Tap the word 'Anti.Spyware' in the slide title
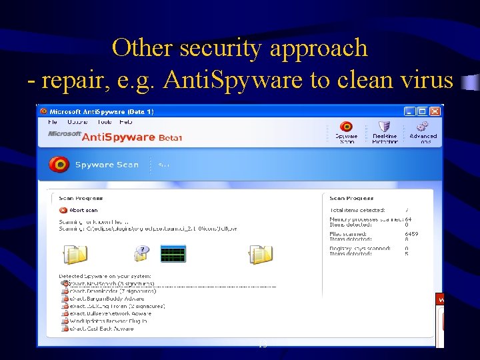point(231,80)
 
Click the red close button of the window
point(435,111)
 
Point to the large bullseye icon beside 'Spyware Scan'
point(59,165)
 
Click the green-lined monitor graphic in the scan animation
point(173,253)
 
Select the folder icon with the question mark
point(141,253)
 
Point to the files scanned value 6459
point(412,234)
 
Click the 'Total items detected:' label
point(357,210)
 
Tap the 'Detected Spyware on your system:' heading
point(105,275)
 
